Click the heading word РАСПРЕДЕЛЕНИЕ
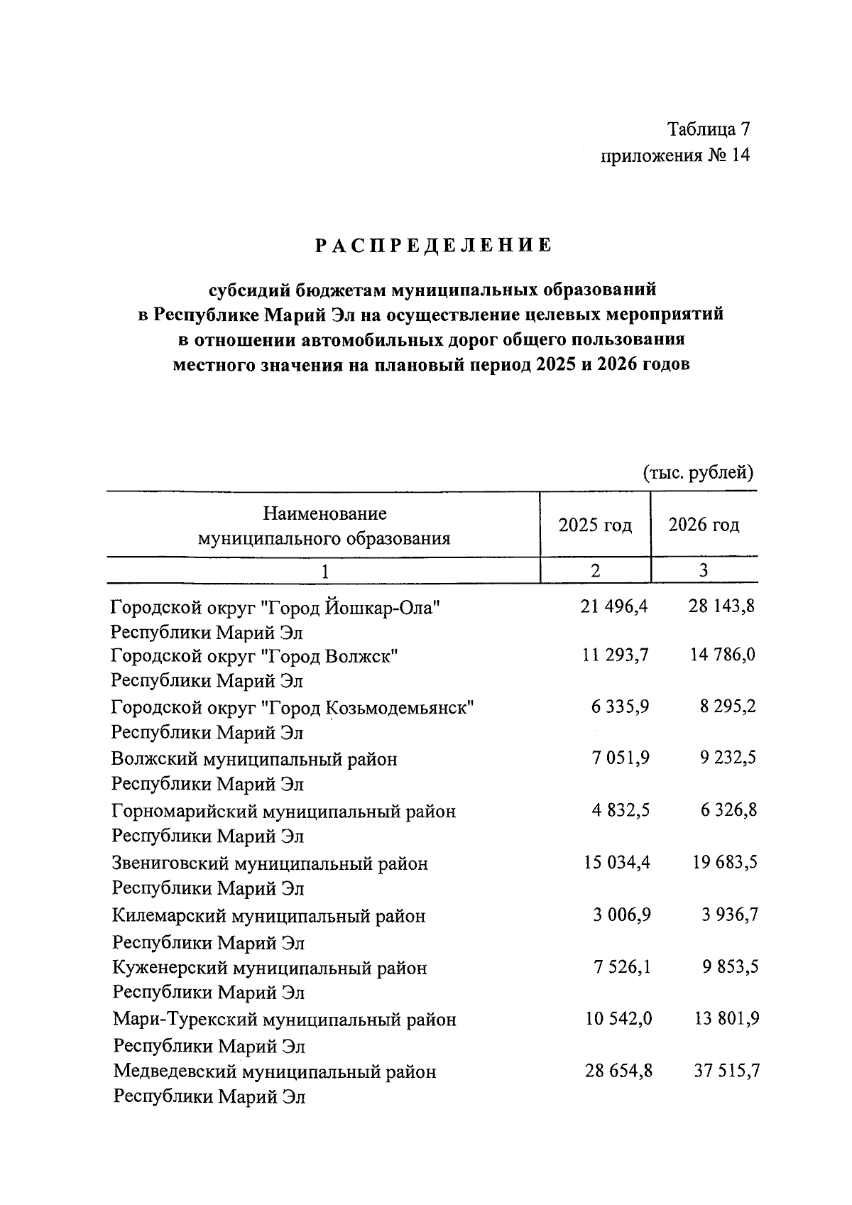(x=433, y=246)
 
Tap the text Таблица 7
(x=708, y=129)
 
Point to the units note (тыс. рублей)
(x=697, y=472)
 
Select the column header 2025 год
(x=595, y=525)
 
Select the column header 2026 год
(x=704, y=525)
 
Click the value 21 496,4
(x=614, y=606)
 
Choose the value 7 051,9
(x=621, y=758)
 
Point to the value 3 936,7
(x=729, y=915)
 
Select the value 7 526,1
(x=621, y=967)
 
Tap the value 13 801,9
(x=724, y=1019)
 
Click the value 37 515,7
(x=726, y=1071)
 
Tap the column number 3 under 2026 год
(x=704, y=570)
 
